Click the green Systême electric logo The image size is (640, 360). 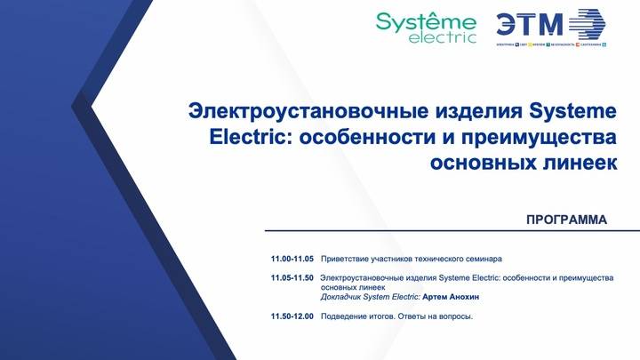(x=426, y=27)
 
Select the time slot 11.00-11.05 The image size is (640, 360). (x=292, y=259)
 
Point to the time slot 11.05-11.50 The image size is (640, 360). (x=292, y=278)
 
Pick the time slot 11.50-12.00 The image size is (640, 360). (x=292, y=316)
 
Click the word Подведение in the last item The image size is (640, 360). (x=344, y=316)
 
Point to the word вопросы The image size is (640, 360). (x=452, y=316)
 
